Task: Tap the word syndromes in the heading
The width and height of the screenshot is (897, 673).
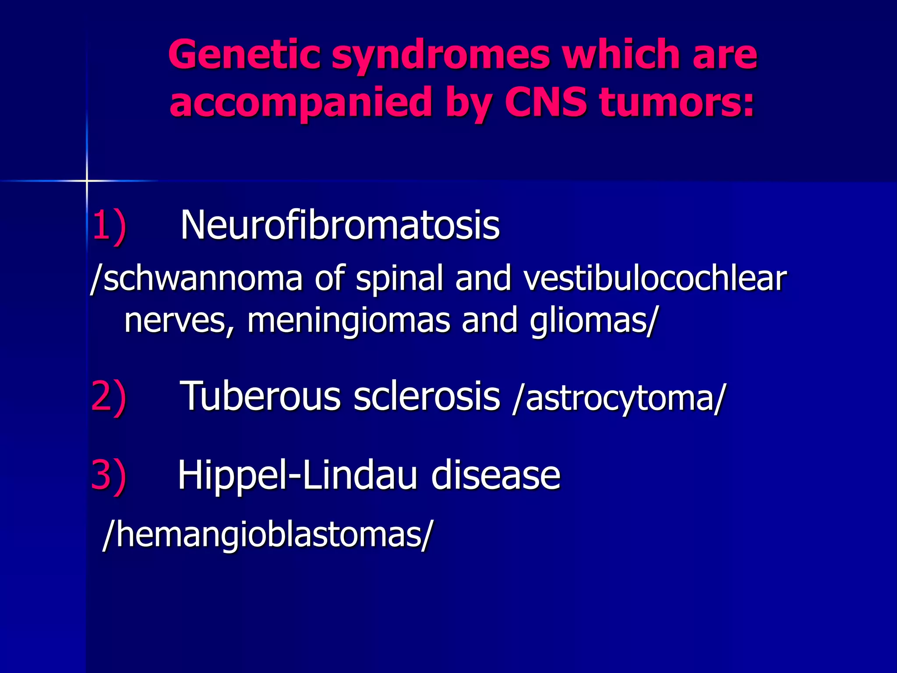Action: tap(440, 56)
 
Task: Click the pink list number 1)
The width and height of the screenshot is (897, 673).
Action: tap(109, 225)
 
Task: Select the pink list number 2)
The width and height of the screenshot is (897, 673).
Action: tap(109, 397)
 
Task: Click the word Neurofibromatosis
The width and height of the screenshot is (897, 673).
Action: tap(340, 225)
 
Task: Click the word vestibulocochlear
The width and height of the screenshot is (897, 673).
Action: tap(655, 279)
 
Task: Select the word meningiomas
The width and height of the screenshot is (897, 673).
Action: tap(349, 321)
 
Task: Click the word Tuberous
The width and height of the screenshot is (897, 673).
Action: tap(260, 396)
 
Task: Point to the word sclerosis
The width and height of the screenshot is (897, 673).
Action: tap(427, 396)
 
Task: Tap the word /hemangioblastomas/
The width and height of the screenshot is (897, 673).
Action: tap(267, 535)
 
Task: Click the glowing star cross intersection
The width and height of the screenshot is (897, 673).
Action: tap(87, 181)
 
